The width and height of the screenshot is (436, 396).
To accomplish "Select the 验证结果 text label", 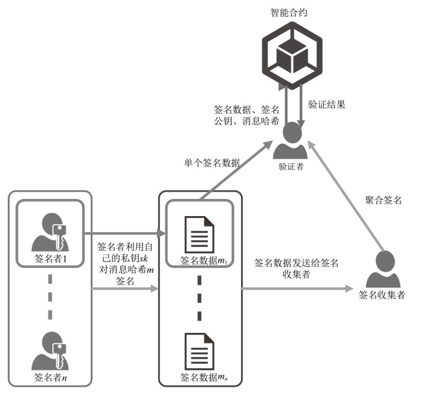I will pos(327,105).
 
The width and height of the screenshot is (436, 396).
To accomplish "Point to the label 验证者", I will pos(291,167).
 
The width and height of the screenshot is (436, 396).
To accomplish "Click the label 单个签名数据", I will pos(208,162).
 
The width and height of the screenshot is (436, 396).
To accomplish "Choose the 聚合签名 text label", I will pos(383,201).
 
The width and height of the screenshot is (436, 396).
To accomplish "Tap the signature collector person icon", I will pos(382,269).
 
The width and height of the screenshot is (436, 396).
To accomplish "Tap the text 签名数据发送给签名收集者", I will pos(296,267).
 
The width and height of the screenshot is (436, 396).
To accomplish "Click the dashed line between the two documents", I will pos(199,298).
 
